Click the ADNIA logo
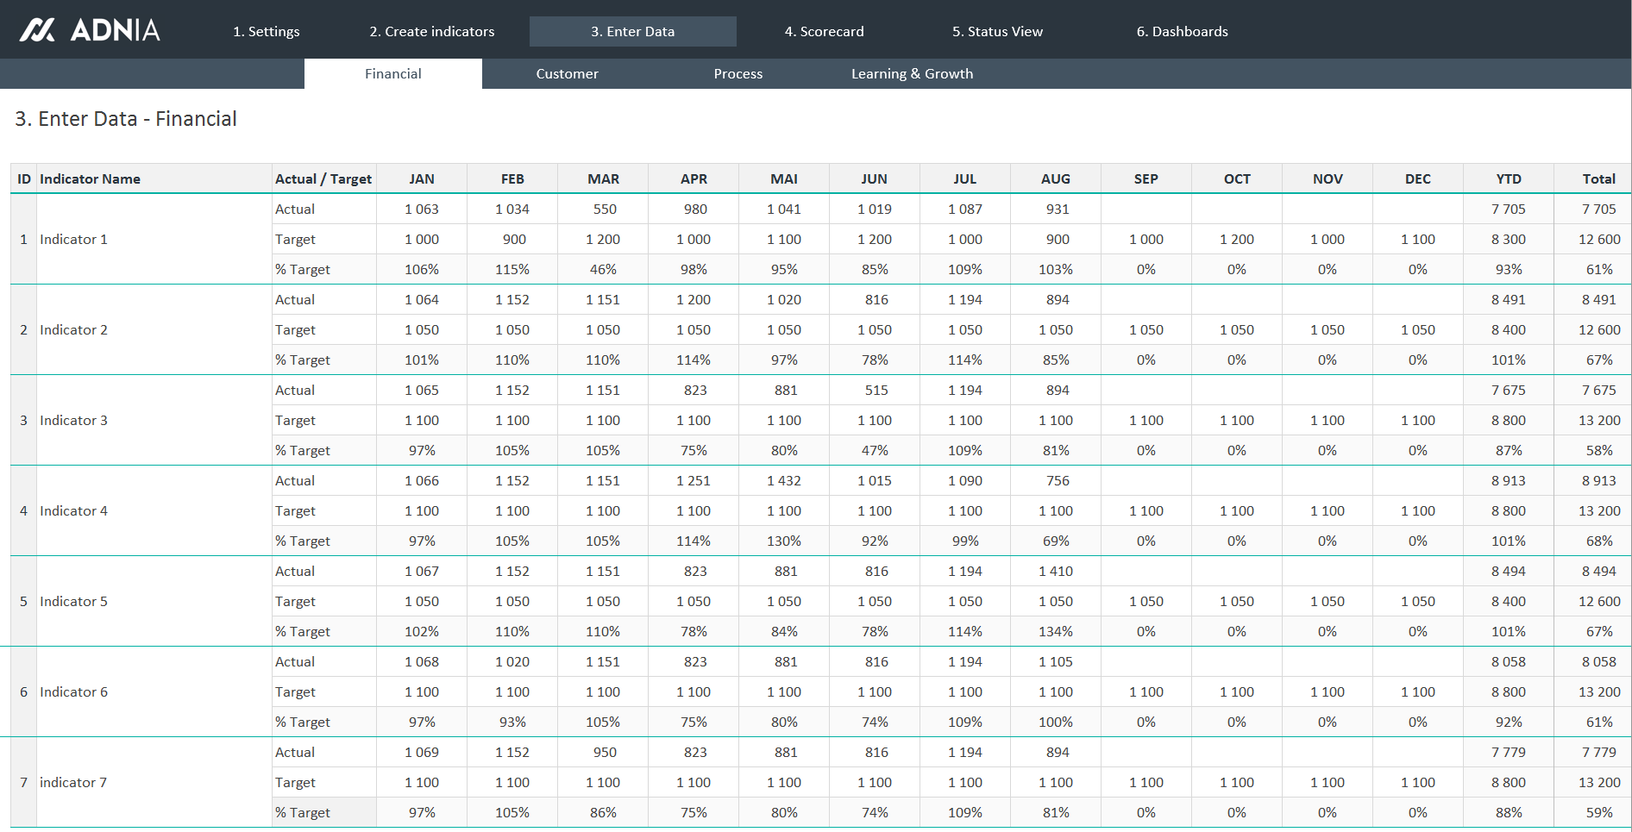click(90, 30)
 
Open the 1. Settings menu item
click(266, 32)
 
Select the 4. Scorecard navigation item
click(824, 32)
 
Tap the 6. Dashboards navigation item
click(1182, 32)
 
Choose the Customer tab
click(567, 74)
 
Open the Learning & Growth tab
click(912, 74)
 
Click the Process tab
click(738, 74)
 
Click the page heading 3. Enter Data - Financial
click(126, 119)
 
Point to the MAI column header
click(783, 179)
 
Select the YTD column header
click(1508, 179)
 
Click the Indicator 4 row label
click(73, 511)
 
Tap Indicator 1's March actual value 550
click(605, 210)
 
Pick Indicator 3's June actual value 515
click(876, 391)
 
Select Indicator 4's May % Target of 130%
click(783, 541)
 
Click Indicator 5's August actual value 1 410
click(1056, 572)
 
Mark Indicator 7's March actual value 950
click(605, 753)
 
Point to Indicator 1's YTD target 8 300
click(1508, 240)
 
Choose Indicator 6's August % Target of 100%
click(1056, 723)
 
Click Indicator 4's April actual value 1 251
click(694, 481)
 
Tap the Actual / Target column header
click(323, 179)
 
